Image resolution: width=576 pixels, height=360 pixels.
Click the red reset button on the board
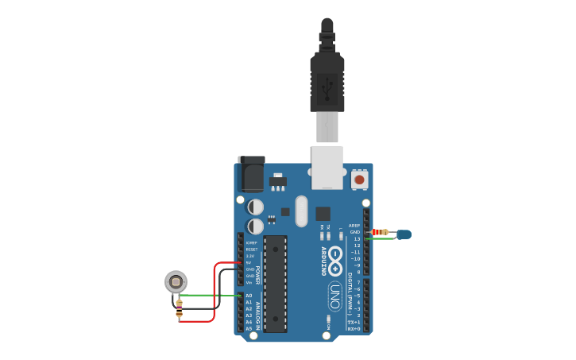359,180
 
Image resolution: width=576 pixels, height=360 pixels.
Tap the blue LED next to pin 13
404,234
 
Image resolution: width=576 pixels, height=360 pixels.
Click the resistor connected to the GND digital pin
381,232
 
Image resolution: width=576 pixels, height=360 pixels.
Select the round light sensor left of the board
176,281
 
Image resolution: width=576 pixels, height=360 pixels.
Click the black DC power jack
251,174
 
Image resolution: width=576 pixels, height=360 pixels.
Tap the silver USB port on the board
327,167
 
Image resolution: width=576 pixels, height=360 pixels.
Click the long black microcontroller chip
275,283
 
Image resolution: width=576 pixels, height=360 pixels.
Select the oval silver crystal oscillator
300,211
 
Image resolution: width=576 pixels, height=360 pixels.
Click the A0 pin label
249,296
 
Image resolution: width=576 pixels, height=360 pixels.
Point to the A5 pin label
249,328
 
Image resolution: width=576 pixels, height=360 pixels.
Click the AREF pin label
354,225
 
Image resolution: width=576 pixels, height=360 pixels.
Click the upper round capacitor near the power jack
256,207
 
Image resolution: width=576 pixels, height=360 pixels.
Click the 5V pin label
249,262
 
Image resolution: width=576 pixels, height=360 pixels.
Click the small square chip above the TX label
323,213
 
